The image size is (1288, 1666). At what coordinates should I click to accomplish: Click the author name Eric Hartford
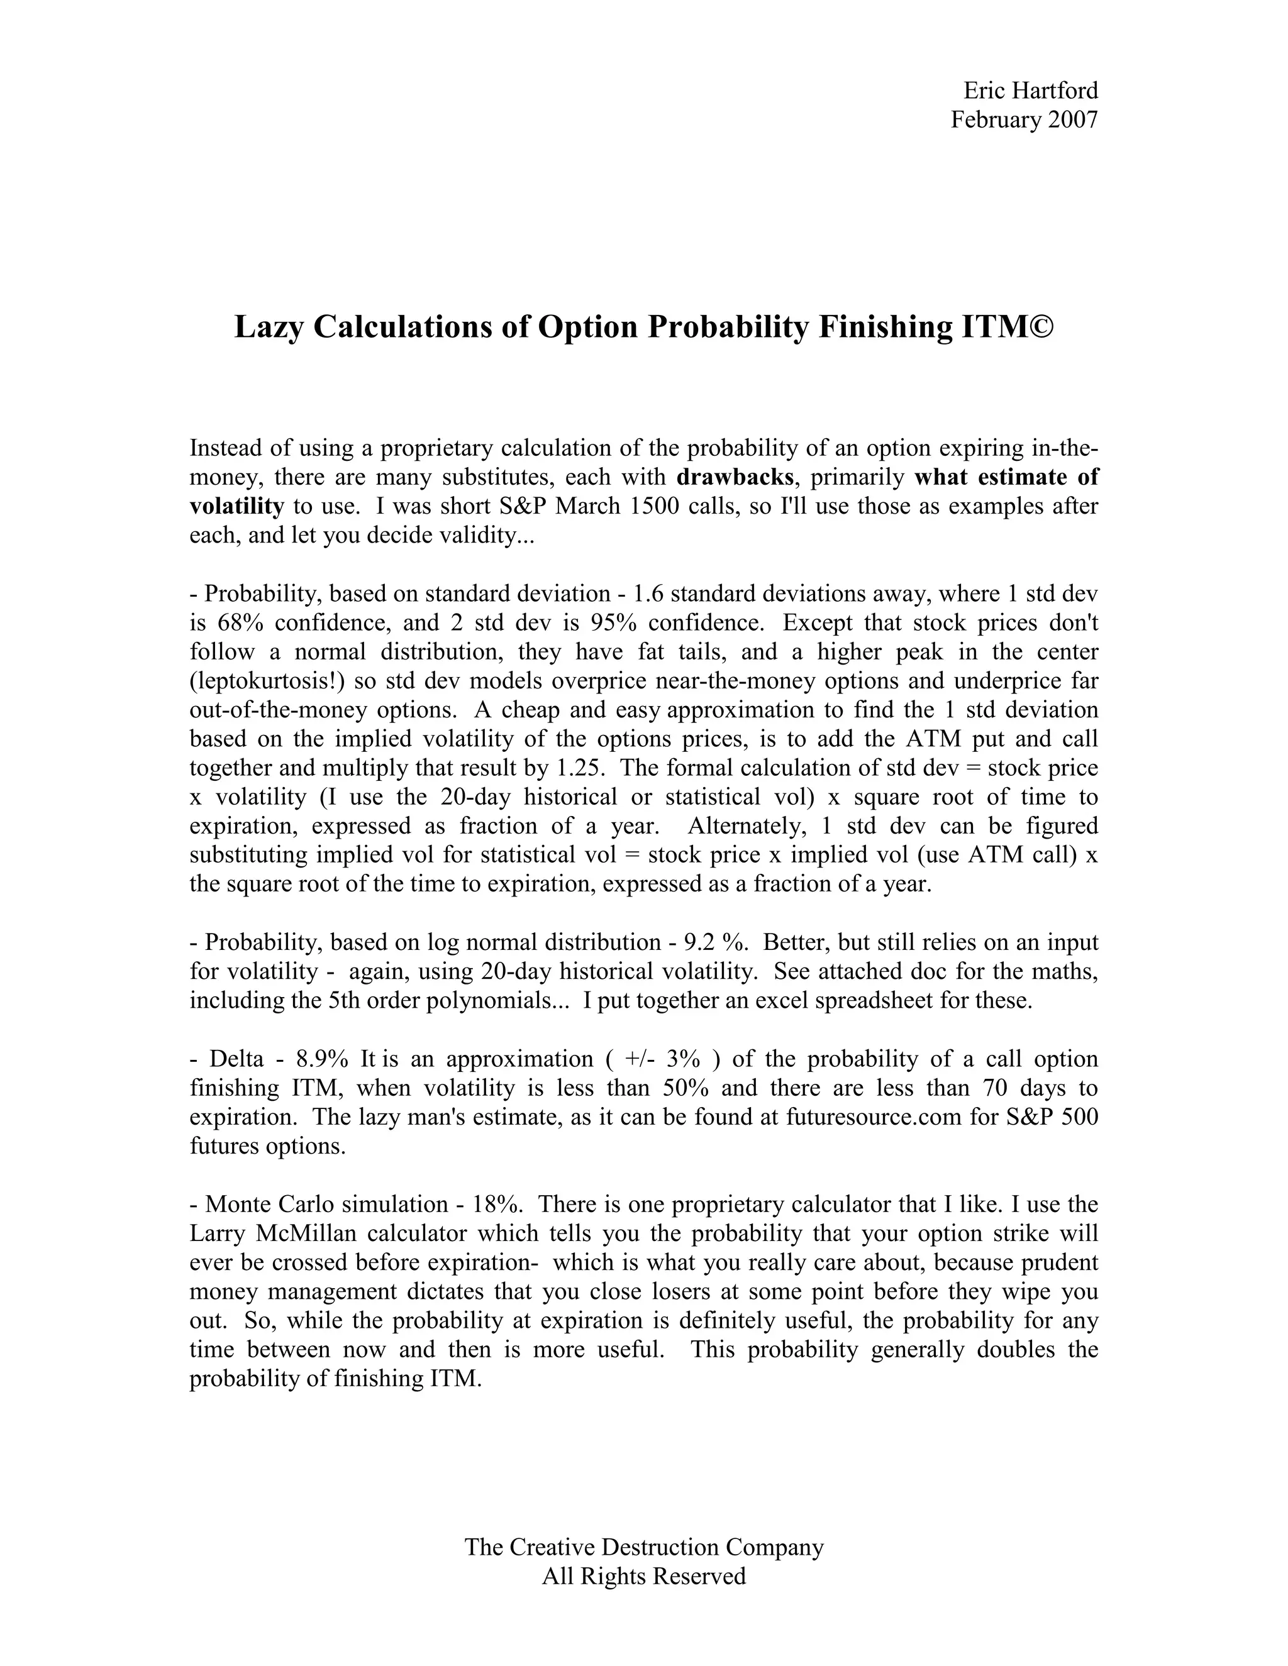click(1030, 91)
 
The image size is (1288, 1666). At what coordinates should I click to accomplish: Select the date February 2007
click(1024, 119)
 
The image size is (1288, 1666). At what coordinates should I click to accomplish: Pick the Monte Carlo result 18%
click(497, 1205)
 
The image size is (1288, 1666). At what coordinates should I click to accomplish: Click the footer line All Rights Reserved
click(644, 1577)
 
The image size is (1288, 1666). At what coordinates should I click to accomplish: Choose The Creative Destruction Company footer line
click(644, 1548)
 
